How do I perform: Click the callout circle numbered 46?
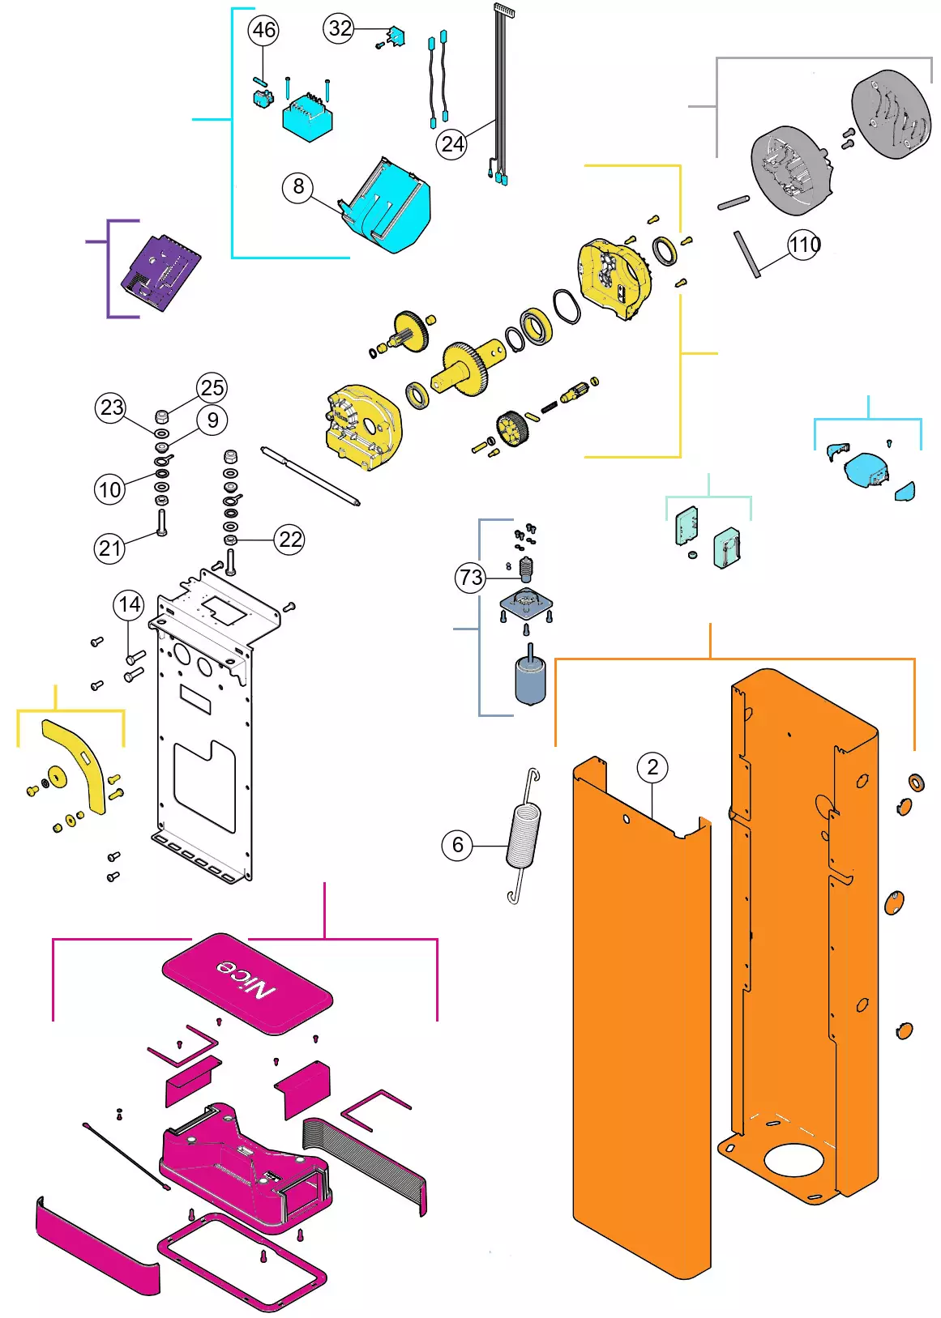[x=263, y=29]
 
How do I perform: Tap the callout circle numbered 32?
[x=339, y=28]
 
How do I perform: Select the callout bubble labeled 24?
[x=451, y=143]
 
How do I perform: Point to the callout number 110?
[x=804, y=244]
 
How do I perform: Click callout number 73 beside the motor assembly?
[x=470, y=578]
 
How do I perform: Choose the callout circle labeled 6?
[x=458, y=846]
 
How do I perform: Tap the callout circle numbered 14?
[x=129, y=604]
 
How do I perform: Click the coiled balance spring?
[x=524, y=835]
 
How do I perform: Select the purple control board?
[x=160, y=272]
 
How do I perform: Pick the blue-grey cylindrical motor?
[x=531, y=678]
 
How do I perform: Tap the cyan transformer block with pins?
[x=307, y=115]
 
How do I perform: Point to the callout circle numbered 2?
[x=652, y=767]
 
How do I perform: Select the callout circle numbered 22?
[x=289, y=539]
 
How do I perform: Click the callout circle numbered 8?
[x=298, y=186]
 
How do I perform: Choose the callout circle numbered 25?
[x=212, y=388]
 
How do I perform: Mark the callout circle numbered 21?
[x=109, y=548]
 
